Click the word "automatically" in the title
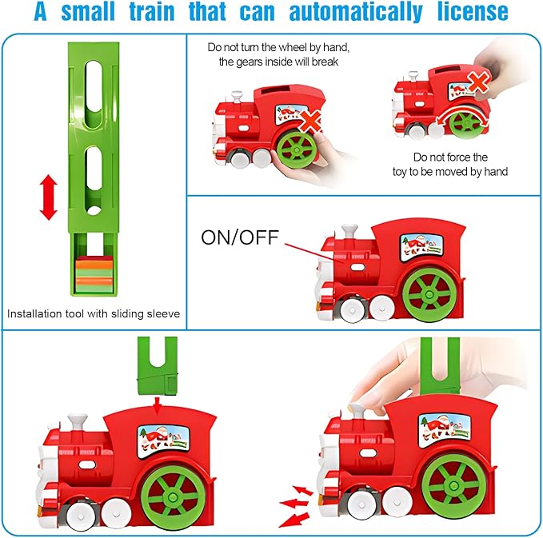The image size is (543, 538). tap(356, 12)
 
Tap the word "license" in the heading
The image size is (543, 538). tap(473, 11)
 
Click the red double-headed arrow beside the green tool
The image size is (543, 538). tap(49, 197)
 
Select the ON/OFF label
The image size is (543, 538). tap(240, 237)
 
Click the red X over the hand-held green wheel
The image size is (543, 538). tap(310, 122)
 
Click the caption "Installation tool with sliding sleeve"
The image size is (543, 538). tap(94, 313)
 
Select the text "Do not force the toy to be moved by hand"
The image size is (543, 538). tap(450, 165)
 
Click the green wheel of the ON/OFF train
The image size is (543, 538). tap(429, 294)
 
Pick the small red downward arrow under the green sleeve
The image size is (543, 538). tap(158, 405)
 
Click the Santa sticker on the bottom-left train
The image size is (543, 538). tap(163, 442)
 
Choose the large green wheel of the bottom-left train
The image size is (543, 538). tap(172, 497)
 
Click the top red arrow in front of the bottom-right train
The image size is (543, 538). tap(303, 490)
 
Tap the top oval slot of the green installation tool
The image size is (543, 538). tap(94, 94)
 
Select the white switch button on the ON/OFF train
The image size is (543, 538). tap(357, 267)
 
